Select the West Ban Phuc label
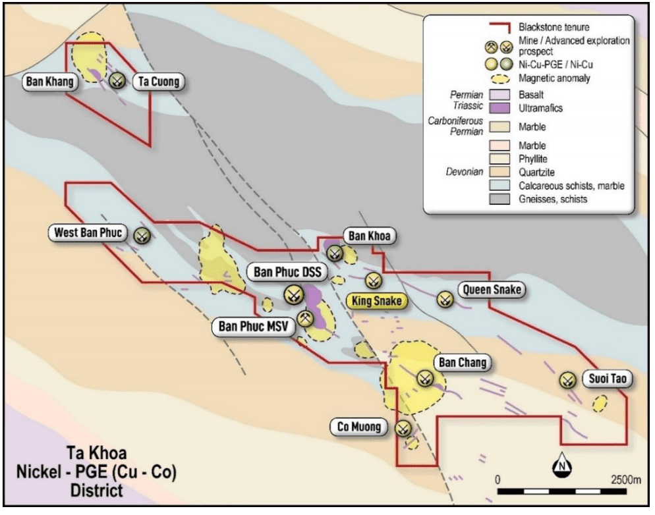click(89, 233)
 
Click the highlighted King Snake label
click(376, 301)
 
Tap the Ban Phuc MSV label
click(252, 325)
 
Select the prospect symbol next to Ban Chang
click(425, 378)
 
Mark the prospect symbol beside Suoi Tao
click(567, 380)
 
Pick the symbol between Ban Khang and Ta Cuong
click(118, 81)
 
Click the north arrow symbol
click(562, 465)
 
